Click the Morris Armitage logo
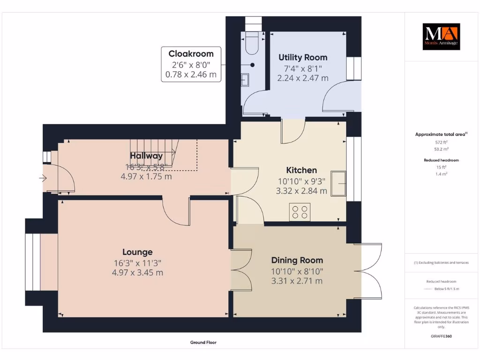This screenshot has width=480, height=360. click(x=442, y=37)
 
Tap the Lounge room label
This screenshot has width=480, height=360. click(x=137, y=252)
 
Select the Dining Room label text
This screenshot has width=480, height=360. click(x=297, y=260)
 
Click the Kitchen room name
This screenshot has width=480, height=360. click(x=301, y=170)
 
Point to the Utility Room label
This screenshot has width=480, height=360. click(x=303, y=57)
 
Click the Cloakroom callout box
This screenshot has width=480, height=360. click(x=191, y=64)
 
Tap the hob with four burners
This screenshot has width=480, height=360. click(x=300, y=212)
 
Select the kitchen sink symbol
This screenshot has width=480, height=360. click(x=338, y=183)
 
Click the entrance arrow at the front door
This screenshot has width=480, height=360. click(x=43, y=178)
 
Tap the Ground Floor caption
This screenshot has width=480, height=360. click(x=203, y=343)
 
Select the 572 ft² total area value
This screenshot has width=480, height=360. click(x=441, y=142)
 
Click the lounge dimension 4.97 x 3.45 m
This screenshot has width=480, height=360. click(x=137, y=272)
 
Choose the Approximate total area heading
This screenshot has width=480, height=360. click(x=441, y=135)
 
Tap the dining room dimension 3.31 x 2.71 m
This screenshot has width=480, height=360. click(x=297, y=281)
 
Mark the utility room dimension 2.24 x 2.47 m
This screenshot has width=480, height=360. click(x=303, y=78)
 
